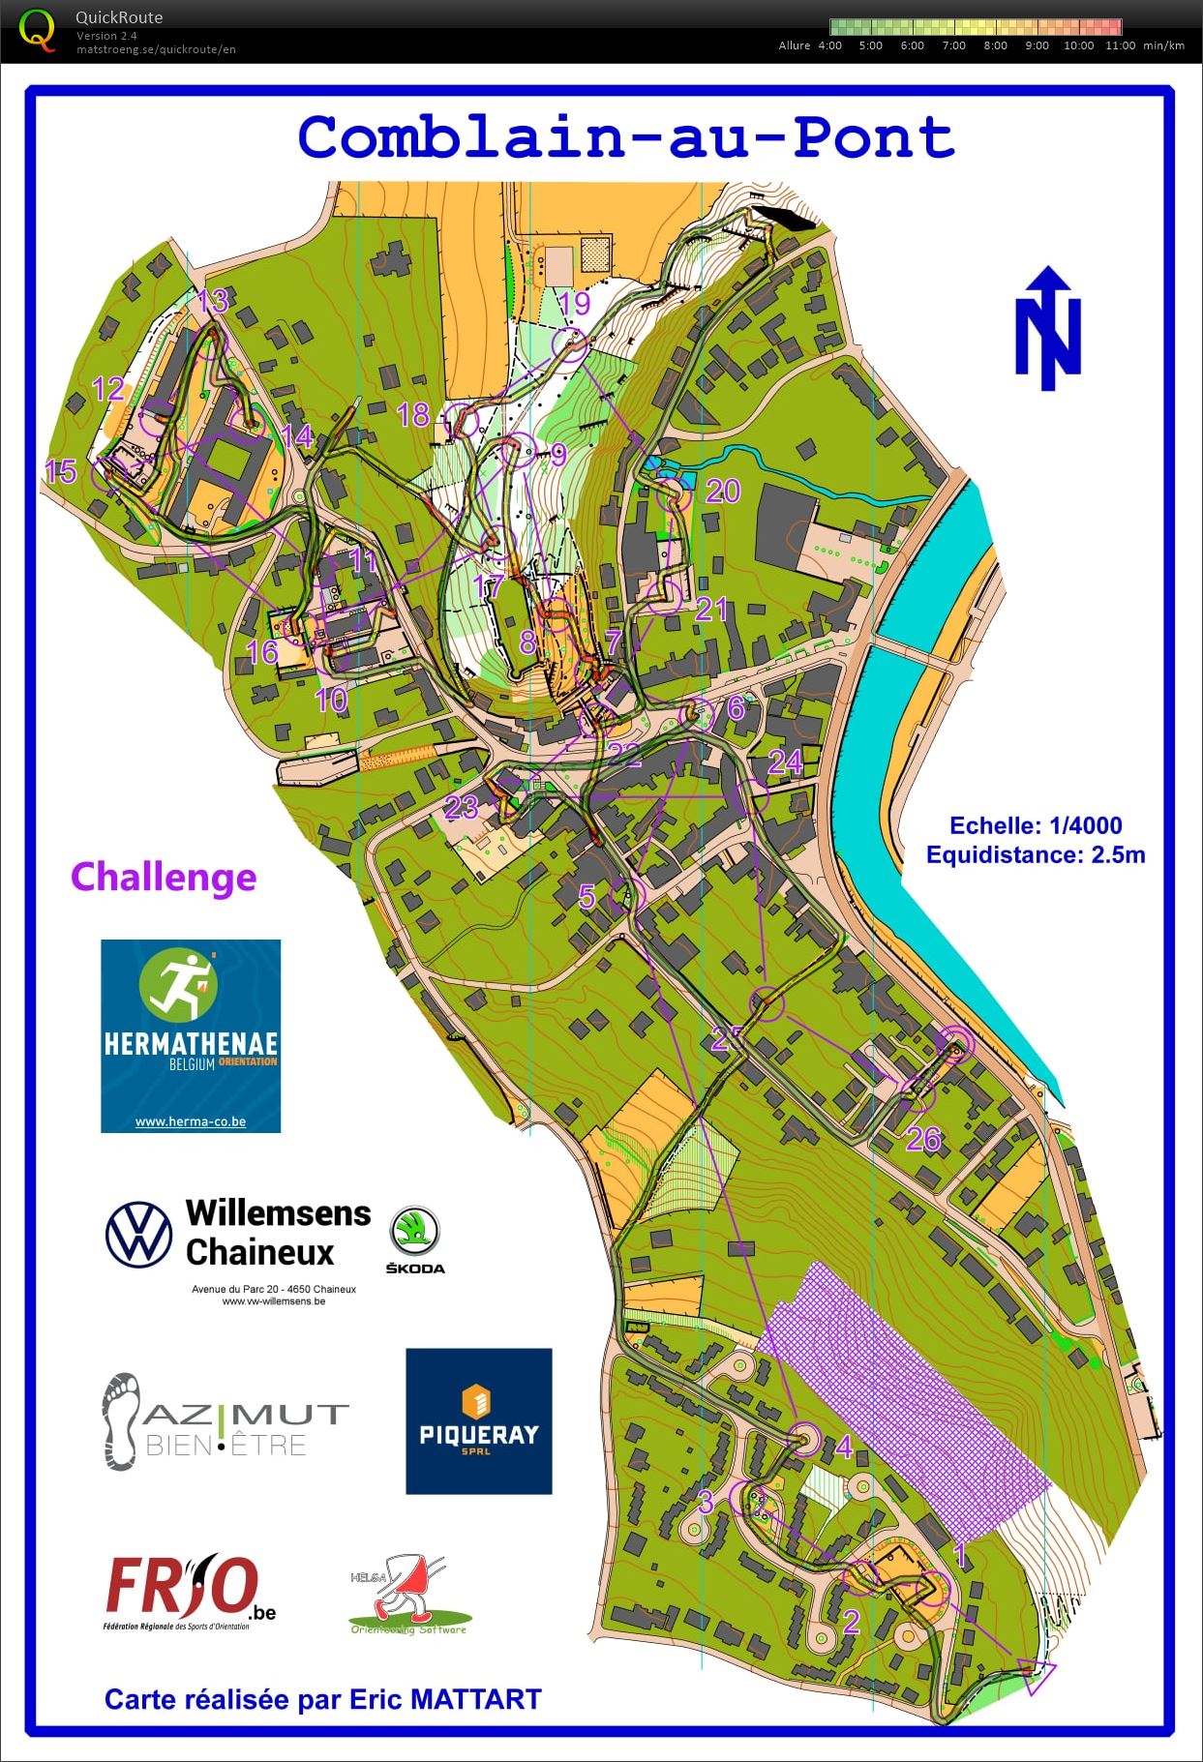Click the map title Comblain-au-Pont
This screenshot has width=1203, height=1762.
point(626,137)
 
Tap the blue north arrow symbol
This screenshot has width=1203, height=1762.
point(1047,329)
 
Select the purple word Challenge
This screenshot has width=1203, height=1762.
point(164,877)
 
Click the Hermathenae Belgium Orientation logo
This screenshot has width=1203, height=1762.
point(191,1035)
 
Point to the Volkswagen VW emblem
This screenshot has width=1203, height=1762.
point(138,1234)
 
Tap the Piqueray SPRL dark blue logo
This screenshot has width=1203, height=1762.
point(479,1420)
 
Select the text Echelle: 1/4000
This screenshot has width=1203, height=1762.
point(1036,825)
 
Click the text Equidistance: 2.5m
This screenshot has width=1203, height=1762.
point(1036,854)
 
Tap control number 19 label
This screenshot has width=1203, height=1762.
point(574,303)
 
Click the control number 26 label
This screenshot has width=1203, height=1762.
point(923,1139)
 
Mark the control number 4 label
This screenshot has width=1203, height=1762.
point(844,1448)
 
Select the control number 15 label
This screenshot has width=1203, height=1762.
point(60,471)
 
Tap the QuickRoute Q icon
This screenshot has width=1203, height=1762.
point(37,29)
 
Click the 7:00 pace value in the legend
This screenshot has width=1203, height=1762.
point(953,45)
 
